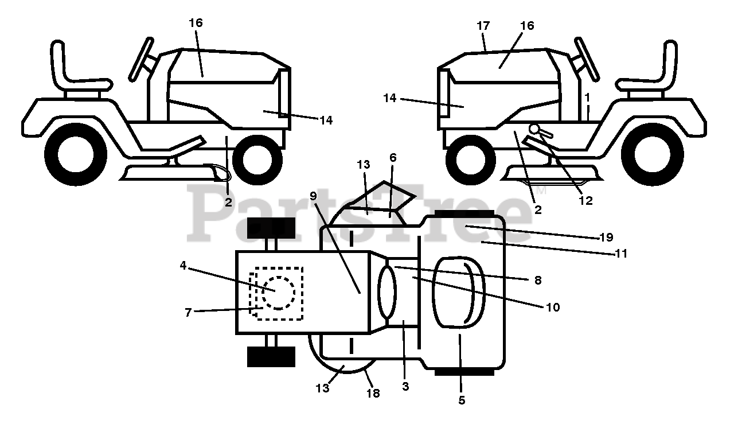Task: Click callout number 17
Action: (x=483, y=26)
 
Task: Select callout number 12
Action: (x=585, y=200)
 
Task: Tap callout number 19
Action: (x=606, y=236)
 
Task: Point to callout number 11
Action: (x=621, y=252)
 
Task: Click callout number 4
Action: (x=183, y=265)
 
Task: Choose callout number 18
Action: (x=373, y=394)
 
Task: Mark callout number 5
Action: (x=462, y=400)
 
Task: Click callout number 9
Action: (x=313, y=195)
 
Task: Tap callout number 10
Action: (x=552, y=307)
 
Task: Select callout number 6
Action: (x=392, y=157)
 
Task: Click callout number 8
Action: (x=537, y=280)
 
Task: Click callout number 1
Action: (x=587, y=98)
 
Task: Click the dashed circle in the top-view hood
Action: (x=278, y=292)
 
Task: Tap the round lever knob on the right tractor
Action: (x=535, y=129)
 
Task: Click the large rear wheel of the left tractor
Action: (x=75, y=154)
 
